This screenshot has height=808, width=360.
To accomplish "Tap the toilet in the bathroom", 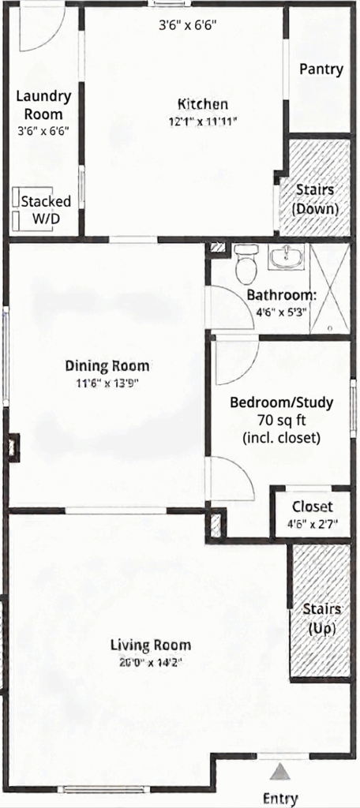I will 246,264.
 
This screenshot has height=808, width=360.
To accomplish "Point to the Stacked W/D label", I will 45,209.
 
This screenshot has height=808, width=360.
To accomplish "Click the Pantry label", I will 321,69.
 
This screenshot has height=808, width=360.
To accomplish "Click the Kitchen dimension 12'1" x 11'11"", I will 202,121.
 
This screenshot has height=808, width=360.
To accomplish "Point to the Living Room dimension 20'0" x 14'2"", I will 150,662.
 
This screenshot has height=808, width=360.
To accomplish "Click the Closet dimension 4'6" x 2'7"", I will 312,522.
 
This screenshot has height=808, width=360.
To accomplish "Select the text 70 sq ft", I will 281,419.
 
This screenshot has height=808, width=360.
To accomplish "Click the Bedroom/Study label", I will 281,402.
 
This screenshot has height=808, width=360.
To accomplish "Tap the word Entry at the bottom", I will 280,798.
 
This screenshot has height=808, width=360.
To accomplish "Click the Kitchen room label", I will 202,104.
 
